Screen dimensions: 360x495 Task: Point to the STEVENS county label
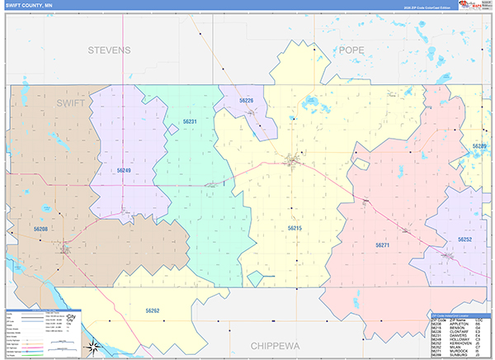pyautogui.click(x=109, y=50)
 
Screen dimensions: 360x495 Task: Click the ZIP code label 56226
pyautogui.click(x=247, y=101)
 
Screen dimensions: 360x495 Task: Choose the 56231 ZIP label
pyautogui.click(x=191, y=122)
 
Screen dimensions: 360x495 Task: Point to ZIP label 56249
pyautogui.click(x=124, y=170)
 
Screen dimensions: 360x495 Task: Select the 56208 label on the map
pyautogui.click(x=41, y=228)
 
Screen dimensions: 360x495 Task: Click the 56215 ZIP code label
pyautogui.click(x=295, y=227)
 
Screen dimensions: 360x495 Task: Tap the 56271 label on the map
pyautogui.click(x=382, y=245)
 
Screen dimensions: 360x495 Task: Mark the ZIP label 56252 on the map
pyautogui.click(x=465, y=239)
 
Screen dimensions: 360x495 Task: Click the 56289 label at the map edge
pyautogui.click(x=479, y=146)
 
